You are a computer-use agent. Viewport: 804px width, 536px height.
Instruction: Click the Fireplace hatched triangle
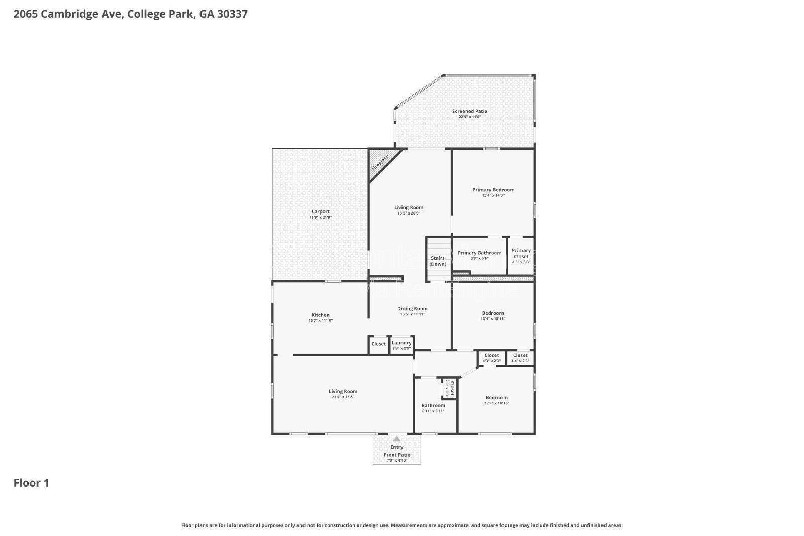click(x=380, y=160)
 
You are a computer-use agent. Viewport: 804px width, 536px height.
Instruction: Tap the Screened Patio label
click(x=469, y=112)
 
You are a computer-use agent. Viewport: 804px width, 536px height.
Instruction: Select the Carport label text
click(x=320, y=212)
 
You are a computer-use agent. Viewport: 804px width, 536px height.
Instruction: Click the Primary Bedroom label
click(x=493, y=190)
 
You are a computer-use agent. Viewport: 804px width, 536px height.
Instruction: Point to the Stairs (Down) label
click(x=438, y=261)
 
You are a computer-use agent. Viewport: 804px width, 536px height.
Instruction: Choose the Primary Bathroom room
click(x=479, y=255)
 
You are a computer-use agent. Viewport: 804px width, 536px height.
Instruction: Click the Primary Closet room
click(x=521, y=256)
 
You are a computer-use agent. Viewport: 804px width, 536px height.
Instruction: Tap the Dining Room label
click(x=412, y=309)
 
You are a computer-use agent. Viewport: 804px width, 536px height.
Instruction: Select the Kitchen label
click(x=320, y=315)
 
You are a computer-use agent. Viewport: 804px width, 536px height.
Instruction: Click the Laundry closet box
click(x=401, y=345)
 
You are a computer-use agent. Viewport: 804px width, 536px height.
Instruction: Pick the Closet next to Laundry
click(x=378, y=344)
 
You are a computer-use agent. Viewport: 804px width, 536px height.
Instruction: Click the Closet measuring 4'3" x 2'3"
click(x=491, y=358)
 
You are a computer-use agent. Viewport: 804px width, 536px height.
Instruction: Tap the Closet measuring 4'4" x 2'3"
click(x=520, y=358)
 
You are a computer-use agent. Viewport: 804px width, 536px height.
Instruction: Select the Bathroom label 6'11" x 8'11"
click(x=433, y=406)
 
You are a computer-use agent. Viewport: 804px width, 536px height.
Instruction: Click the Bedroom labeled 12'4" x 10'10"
click(x=496, y=398)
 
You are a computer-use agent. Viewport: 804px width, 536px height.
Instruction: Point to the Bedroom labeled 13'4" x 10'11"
click(x=492, y=313)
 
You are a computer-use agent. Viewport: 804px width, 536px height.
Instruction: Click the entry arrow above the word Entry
click(x=397, y=439)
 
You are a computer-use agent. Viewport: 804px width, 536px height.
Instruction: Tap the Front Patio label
click(x=397, y=455)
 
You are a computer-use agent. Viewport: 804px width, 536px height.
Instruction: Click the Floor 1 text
click(x=31, y=483)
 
